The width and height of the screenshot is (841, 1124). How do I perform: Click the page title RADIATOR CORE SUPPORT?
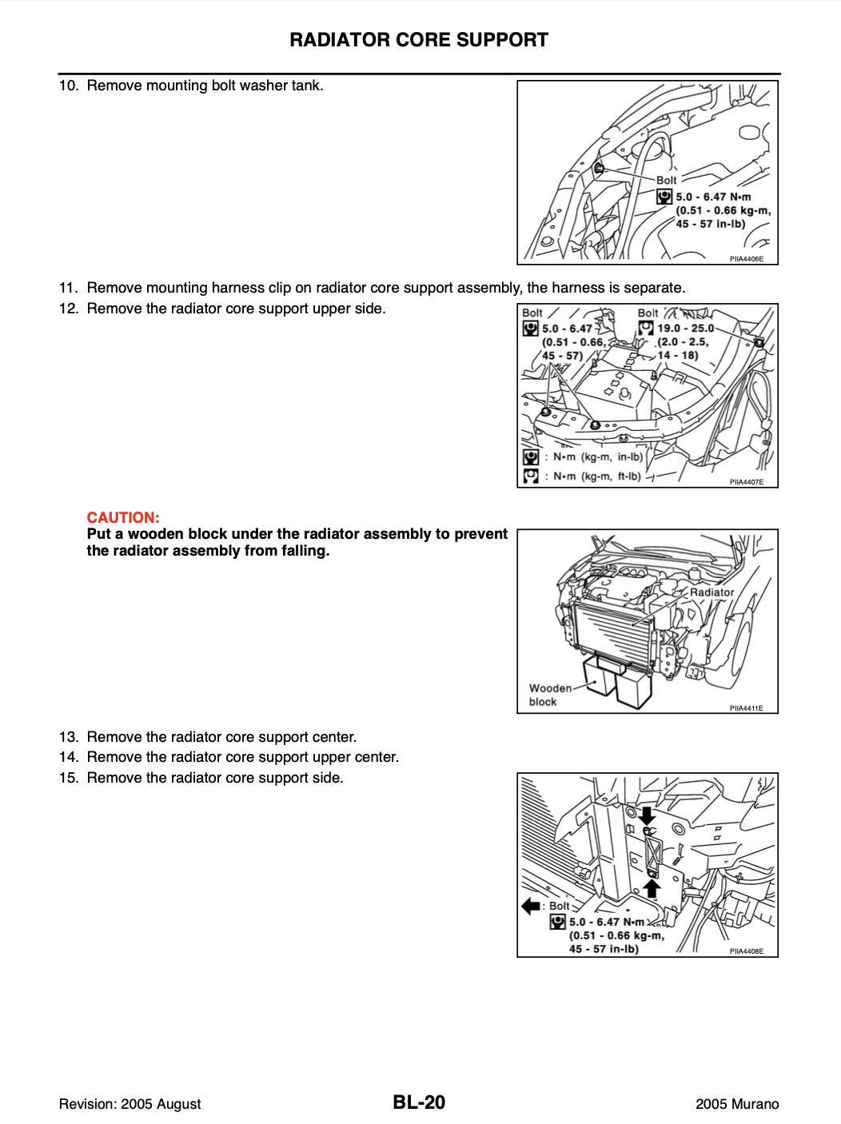click(x=419, y=40)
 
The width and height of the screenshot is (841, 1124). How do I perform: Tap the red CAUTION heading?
click(x=123, y=517)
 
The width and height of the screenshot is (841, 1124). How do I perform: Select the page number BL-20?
click(x=419, y=1103)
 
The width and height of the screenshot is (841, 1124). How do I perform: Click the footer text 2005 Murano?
click(x=737, y=1104)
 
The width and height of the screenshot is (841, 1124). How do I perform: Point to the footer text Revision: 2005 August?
click(x=130, y=1104)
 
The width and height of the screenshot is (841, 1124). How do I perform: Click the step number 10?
click(x=68, y=86)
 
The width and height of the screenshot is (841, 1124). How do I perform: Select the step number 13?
click(x=68, y=736)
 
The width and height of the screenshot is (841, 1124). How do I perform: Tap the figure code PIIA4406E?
click(x=747, y=259)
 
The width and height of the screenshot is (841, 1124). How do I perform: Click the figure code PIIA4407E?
click(x=747, y=482)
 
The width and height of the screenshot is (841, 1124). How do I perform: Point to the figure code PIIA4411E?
click(x=747, y=708)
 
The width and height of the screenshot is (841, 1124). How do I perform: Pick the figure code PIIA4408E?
click(x=747, y=951)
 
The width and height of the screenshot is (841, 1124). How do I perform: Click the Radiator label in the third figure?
click(x=711, y=592)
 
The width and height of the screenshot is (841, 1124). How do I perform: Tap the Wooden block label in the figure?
click(x=550, y=695)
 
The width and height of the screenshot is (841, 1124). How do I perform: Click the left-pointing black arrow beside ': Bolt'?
click(x=532, y=906)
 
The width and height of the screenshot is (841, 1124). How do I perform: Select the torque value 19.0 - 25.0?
click(x=685, y=328)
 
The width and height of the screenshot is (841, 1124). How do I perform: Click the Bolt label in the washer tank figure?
click(x=666, y=181)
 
